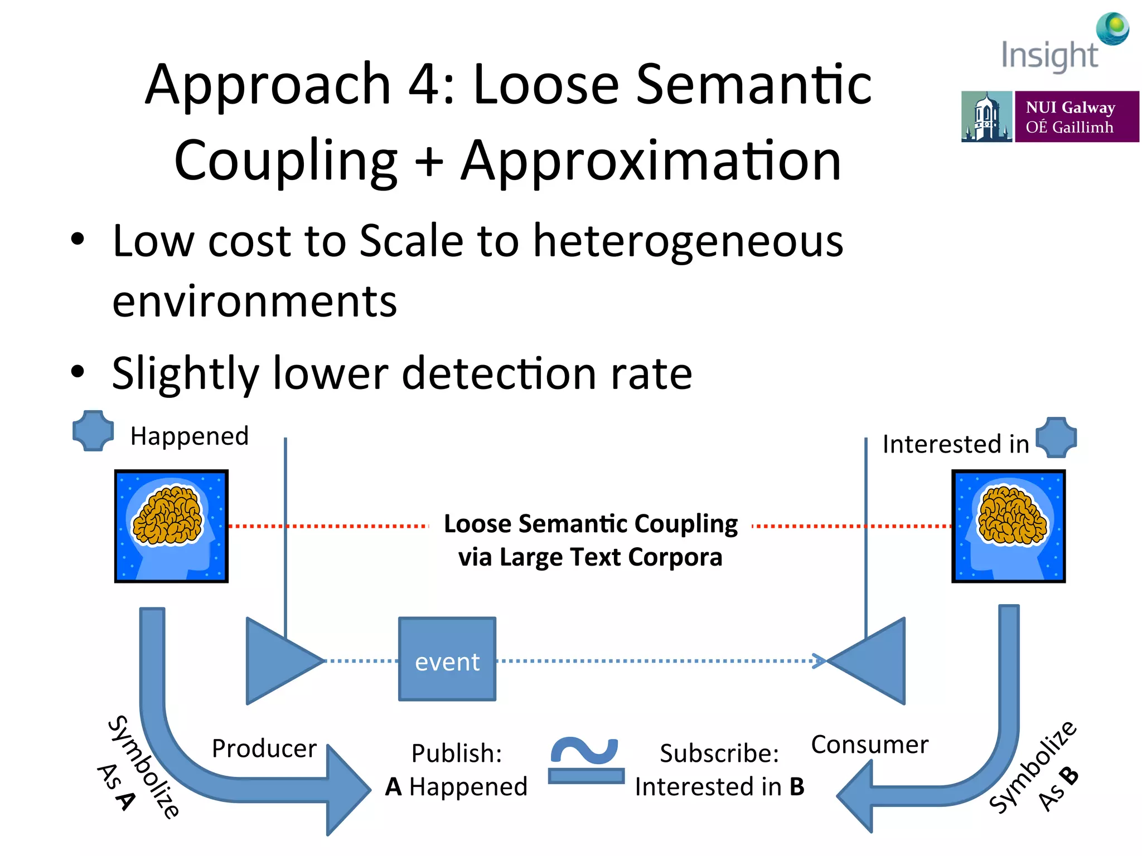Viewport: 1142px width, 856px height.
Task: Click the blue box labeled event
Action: pos(447,659)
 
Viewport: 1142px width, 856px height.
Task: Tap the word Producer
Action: pos(264,748)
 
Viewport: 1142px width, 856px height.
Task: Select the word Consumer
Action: pos(869,744)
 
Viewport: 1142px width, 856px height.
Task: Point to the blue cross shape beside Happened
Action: pos(93,431)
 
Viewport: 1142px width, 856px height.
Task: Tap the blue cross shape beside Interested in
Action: pos(1056,437)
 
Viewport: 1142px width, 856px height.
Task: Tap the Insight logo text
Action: pos(1049,56)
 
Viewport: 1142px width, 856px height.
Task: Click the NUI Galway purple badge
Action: pos(1076,116)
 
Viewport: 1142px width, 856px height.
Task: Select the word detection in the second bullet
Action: pos(500,373)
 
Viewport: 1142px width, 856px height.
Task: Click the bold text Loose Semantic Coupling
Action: pos(591,524)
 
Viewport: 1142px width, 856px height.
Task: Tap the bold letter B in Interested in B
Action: pos(797,787)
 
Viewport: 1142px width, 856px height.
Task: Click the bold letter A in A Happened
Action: pos(393,787)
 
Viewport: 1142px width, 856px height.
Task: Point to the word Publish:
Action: pos(456,753)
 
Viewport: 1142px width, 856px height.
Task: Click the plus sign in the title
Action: pos(429,162)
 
